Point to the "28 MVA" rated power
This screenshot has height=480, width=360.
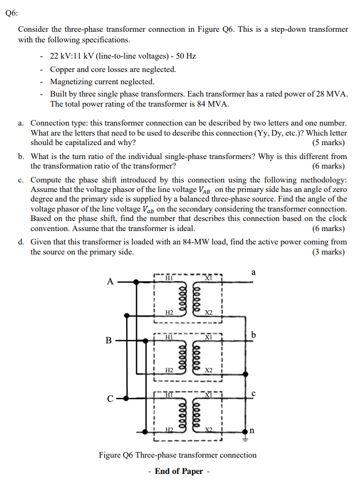tap(332, 94)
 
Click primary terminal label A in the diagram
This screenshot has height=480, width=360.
tap(110, 281)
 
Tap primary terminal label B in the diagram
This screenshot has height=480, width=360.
tap(109, 340)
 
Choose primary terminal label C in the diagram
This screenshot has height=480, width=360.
tap(110, 399)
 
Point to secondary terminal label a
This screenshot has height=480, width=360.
tap(253, 272)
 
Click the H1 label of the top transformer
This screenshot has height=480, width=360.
tap(169, 278)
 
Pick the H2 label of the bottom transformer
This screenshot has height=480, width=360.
tap(169, 429)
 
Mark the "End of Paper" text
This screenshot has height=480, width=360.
tap(179, 471)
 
